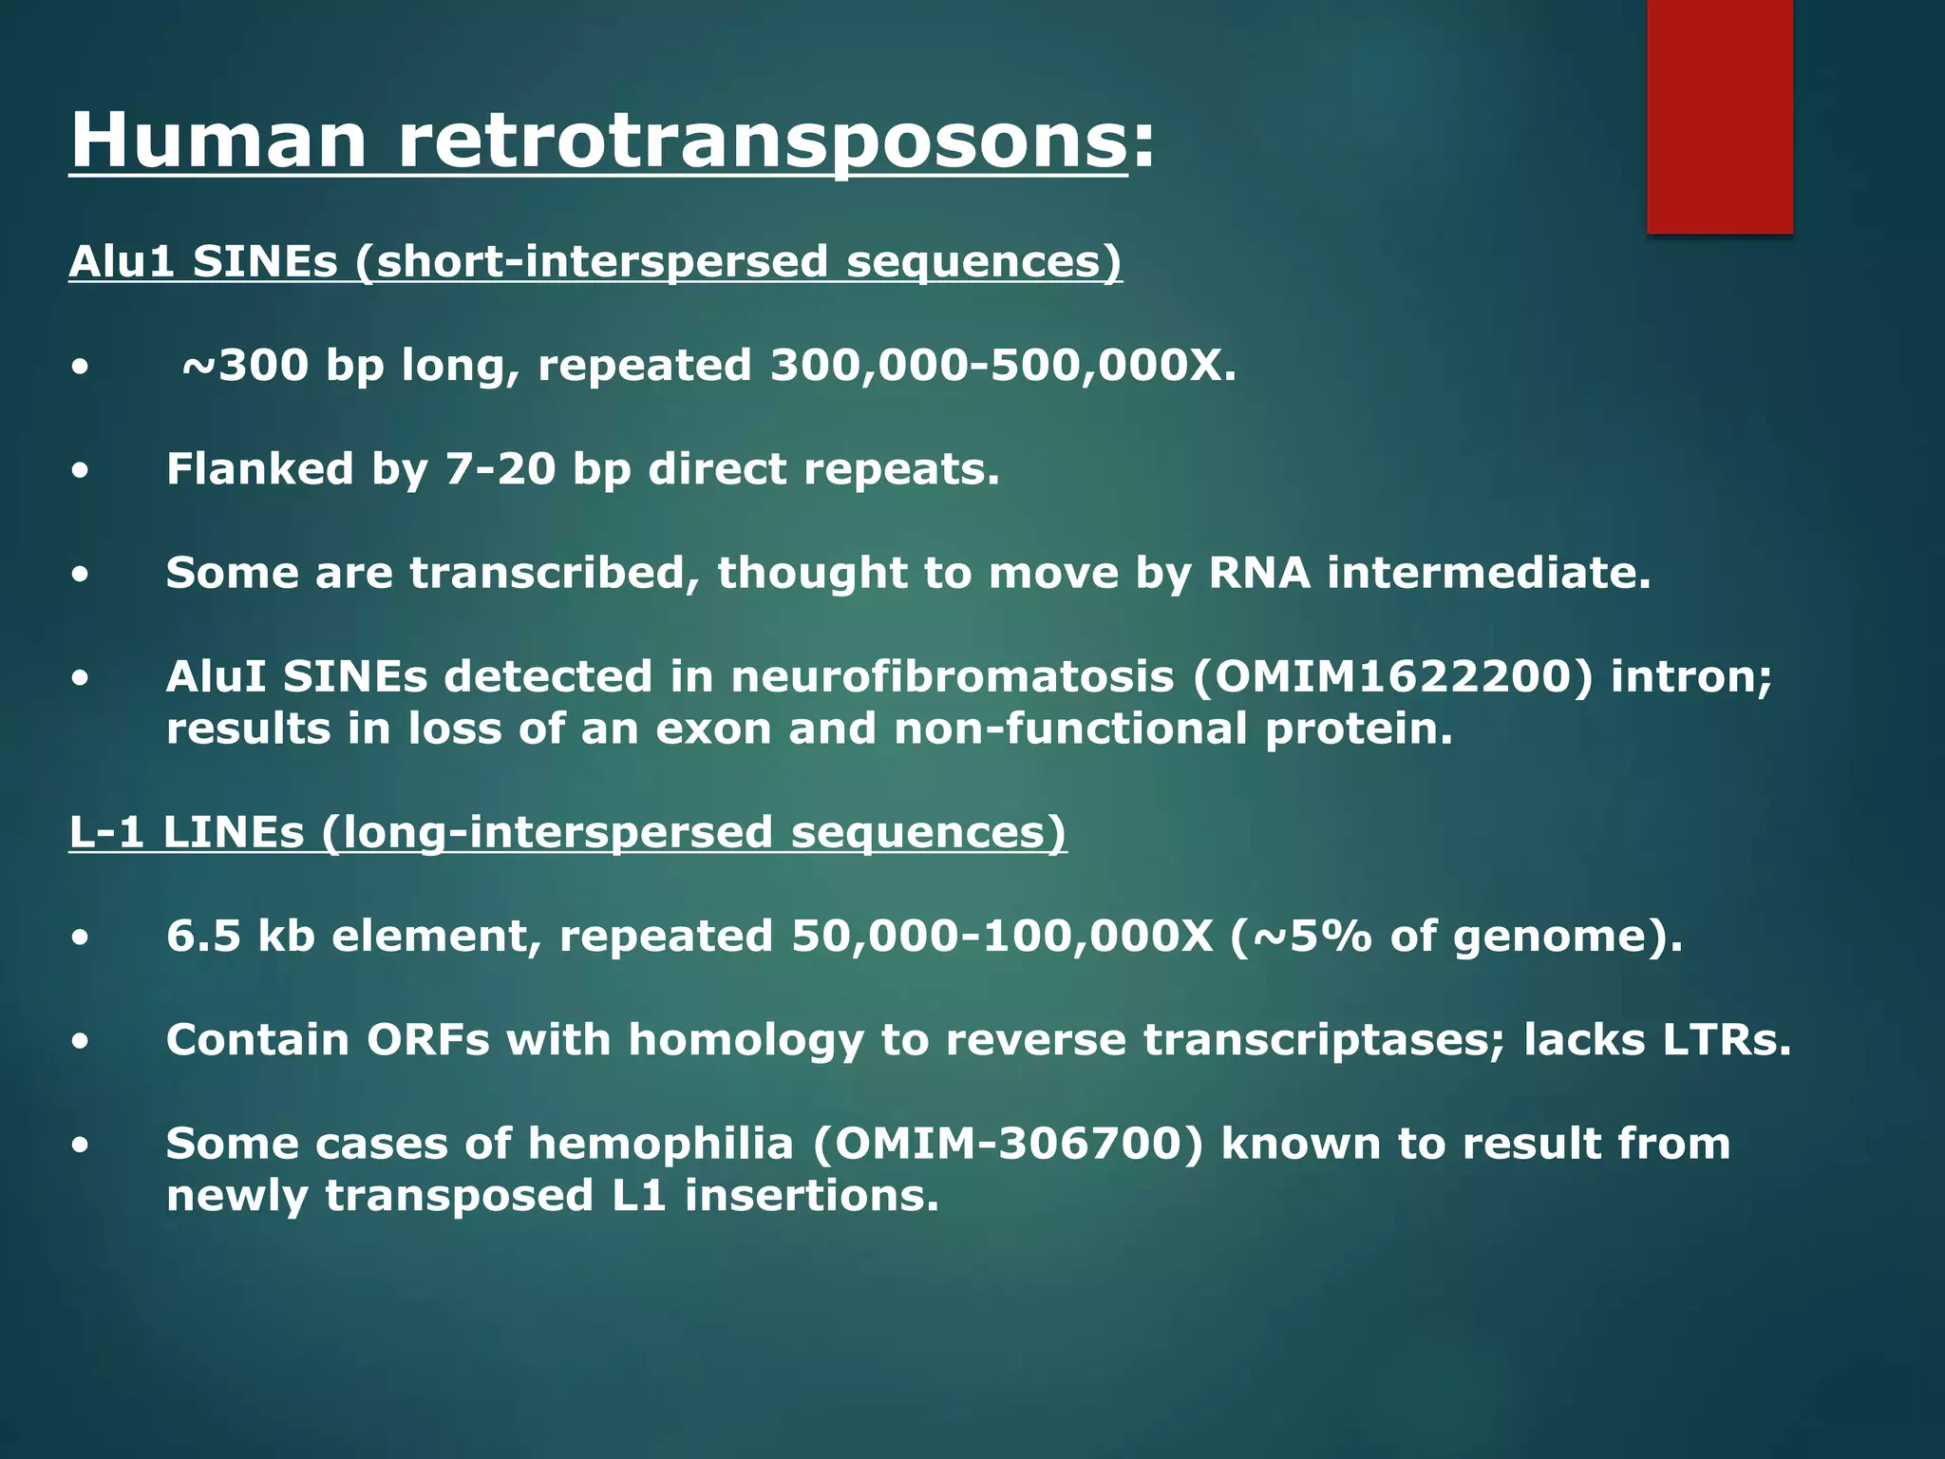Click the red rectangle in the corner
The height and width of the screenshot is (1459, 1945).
1719,116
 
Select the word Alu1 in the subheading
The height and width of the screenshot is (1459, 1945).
122,262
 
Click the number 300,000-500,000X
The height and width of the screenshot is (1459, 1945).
1003,366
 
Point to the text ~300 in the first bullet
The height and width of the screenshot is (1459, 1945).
245,366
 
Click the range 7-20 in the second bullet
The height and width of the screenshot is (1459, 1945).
500,469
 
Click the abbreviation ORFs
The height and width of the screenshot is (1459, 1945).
428,1040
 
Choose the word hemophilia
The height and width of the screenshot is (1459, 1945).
660,1144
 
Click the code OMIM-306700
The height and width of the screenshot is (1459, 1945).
1008,1144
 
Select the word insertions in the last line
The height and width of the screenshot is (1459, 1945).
811,1196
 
